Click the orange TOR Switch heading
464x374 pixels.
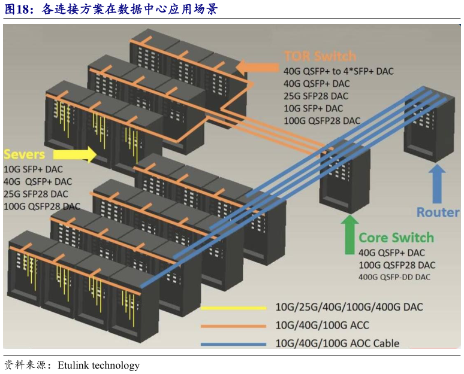(x=320, y=57)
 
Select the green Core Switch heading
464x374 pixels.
(x=396, y=238)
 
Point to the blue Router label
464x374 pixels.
(x=438, y=212)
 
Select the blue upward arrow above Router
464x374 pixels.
(x=438, y=183)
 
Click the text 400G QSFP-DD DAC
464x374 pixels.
(x=394, y=277)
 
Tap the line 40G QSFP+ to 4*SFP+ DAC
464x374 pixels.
(x=339, y=71)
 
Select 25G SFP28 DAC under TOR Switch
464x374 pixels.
(x=316, y=96)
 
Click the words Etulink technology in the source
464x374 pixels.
(x=98, y=365)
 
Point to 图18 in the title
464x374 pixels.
(x=18, y=9)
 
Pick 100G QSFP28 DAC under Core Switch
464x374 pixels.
(x=397, y=264)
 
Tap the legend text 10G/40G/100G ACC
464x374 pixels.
(x=322, y=326)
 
